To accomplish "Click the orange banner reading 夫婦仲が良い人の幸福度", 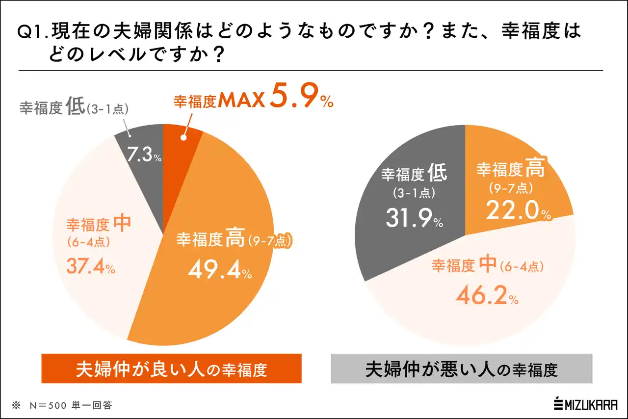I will [x=171, y=368].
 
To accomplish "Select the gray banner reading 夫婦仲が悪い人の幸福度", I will [x=461, y=368].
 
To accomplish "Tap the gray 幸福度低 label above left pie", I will [x=74, y=108].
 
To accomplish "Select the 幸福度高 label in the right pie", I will [x=510, y=170].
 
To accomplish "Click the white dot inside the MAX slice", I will [x=183, y=138].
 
